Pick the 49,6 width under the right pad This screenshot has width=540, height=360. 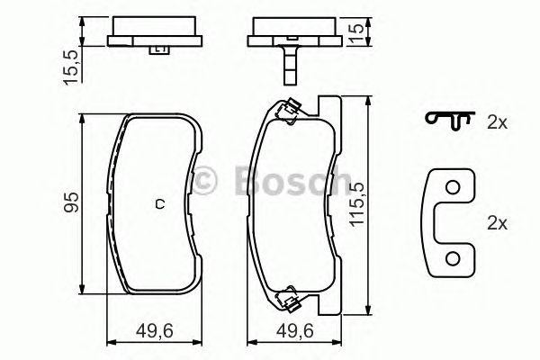point(293,330)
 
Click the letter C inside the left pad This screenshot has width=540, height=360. point(159,202)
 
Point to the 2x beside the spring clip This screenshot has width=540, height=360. point(499,121)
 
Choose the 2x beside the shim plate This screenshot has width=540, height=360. point(499,220)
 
